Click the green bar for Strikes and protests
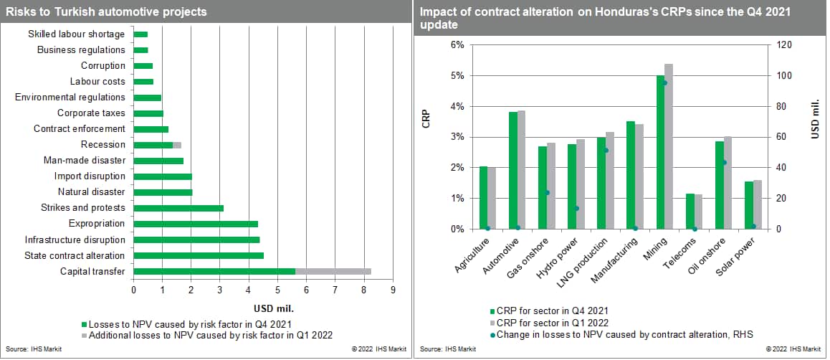click(178, 208)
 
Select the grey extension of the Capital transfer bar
click(333, 271)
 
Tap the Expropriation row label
click(97, 224)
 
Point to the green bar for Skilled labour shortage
click(140, 34)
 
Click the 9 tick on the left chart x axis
click(393, 290)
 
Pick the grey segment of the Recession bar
click(177, 145)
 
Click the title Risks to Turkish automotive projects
click(107, 11)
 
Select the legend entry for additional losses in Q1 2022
click(209, 335)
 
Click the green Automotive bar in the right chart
click(513, 171)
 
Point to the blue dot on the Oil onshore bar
click(725, 163)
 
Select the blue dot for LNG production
click(606, 151)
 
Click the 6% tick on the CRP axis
click(457, 45)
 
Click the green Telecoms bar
click(690, 212)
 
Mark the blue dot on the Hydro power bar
click(576, 209)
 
